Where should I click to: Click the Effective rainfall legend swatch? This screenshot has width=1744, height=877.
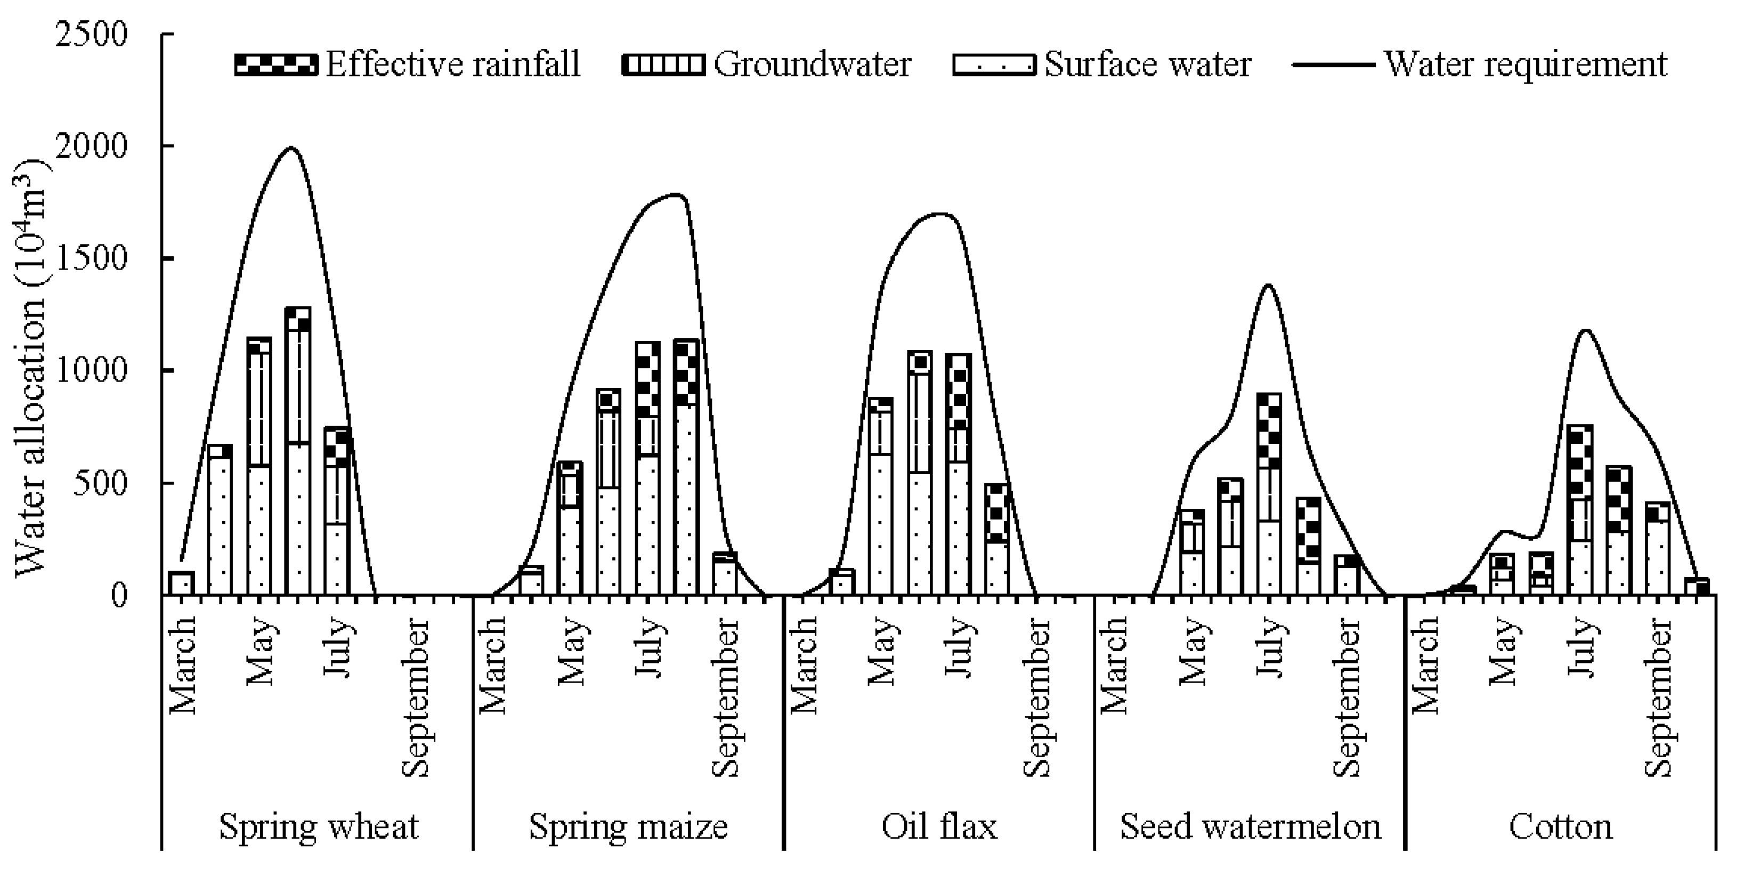[x=275, y=65]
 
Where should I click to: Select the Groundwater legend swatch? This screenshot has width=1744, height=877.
[x=663, y=65]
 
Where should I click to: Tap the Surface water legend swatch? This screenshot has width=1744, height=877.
[x=993, y=65]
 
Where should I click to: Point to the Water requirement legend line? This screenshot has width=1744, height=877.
[x=1333, y=65]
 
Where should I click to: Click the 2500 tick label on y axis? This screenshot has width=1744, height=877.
[x=92, y=35]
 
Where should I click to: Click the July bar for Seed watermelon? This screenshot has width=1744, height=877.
[x=1269, y=494]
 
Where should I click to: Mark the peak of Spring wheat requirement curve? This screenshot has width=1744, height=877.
[x=291, y=148]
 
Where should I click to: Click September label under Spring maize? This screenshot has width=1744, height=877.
[x=726, y=697]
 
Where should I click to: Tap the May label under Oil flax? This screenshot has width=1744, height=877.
[x=882, y=650]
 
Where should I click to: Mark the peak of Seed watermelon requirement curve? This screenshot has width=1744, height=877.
[x=1268, y=285]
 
